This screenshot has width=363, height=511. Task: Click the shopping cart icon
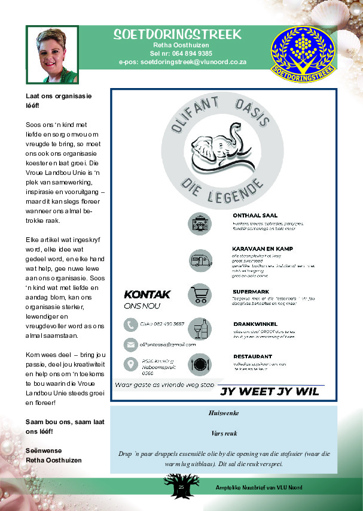pyautogui.click(x=199, y=294)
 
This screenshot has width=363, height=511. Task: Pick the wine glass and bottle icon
pyautogui.click(x=199, y=329)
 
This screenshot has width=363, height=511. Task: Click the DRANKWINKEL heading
pyautogui.click(x=257, y=324)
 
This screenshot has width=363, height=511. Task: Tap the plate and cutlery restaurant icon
pyautogui.click(x=199, y=363)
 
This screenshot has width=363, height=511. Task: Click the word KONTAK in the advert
pyautogui.click(x=147, y=294)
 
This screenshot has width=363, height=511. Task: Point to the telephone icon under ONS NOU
pyautogui.click(x=130, y=325)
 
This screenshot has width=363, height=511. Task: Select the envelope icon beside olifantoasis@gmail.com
pyautogui.click(x=130, y=344)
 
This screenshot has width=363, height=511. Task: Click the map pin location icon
pyautogui.click(x=130, y=364)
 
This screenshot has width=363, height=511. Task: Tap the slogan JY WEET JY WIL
pyautogui.click(x=270, y=392)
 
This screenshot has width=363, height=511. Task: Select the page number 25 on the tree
pyautogui.click(x=180, y=488)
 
